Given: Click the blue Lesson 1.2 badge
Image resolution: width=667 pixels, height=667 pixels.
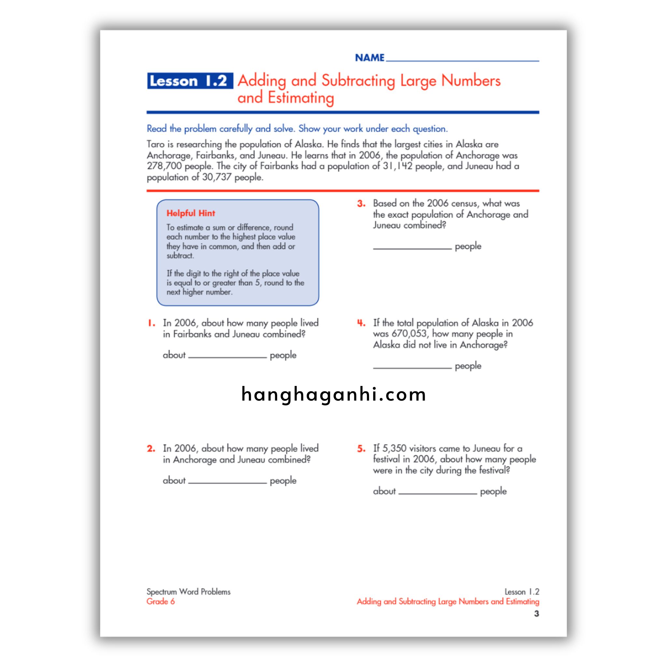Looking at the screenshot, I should (x=190, y=81).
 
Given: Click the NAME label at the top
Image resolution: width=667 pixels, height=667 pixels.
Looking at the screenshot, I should (x=369, y=58).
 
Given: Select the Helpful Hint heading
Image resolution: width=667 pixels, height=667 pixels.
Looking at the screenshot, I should (x=191, y=213).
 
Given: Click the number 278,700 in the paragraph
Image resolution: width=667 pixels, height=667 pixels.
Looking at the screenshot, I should (x=164, y=166).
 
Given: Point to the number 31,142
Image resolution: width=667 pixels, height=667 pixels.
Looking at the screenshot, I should (x=397, y=166).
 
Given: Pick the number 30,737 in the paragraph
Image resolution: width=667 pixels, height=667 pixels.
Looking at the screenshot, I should (x=217, y=177).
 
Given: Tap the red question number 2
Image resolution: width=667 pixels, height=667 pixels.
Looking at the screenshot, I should (x=151, y=448).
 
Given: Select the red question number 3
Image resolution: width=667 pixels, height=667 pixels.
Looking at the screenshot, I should (x=361, y=203).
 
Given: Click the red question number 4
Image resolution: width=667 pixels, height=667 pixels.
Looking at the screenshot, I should (x=361, y=323).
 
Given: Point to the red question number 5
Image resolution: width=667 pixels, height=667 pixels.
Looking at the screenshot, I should (x=361, y=448).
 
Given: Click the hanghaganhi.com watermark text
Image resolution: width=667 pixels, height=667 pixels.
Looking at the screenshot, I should (x=333, y=394).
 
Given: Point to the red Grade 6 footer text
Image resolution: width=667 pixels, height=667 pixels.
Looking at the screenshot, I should (x=161, y=601).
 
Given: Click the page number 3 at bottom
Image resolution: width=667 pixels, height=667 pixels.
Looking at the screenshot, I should (x=536, y=614).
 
